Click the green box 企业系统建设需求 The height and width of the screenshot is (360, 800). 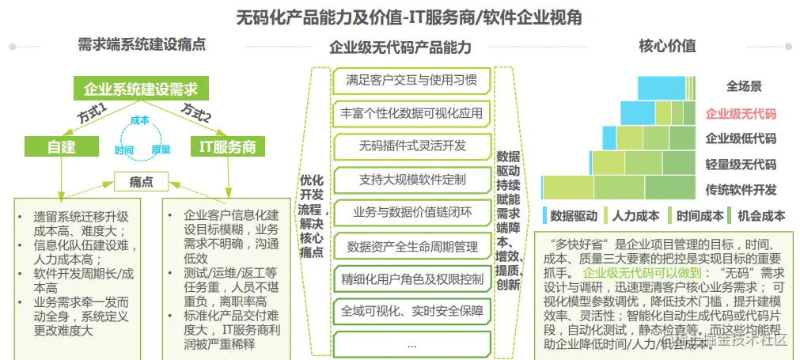point(141,89)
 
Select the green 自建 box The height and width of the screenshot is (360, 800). point(61,147)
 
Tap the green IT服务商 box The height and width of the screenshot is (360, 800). point(228,147)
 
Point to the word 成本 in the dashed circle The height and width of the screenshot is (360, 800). point(139,119)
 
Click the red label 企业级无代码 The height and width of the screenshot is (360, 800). point(741,113)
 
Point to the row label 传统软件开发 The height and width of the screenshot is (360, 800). point(741,190)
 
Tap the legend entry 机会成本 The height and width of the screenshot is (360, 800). point(760,215)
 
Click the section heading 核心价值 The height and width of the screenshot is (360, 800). point(668,46)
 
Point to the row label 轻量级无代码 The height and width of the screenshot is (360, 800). point(741,165)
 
